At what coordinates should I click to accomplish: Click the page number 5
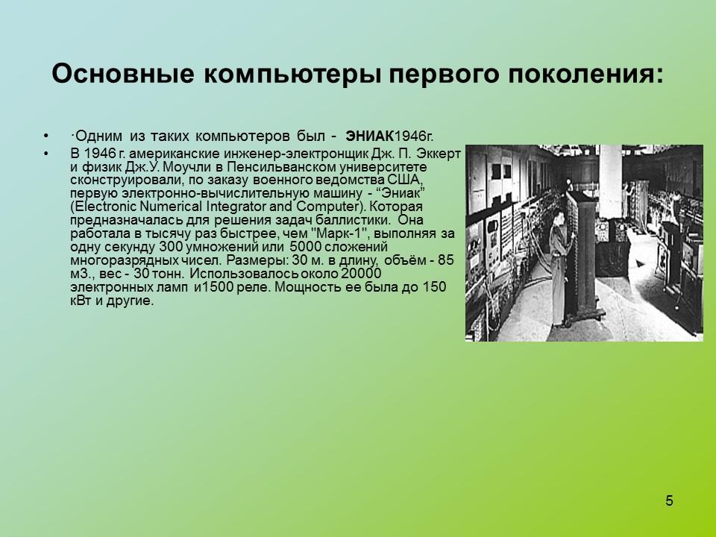tap(669, 500)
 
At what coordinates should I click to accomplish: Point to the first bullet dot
tap(47, 136)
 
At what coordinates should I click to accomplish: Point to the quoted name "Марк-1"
tap(329, 233)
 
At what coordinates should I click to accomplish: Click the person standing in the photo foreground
tap(558, 268)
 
